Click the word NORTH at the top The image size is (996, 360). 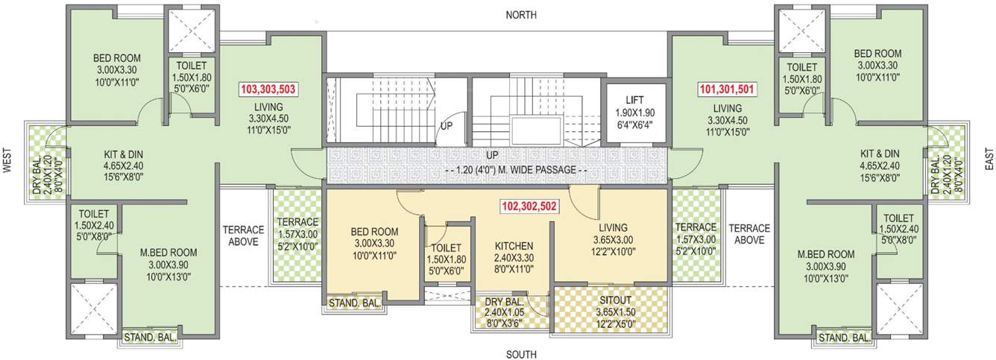click(x=521, y=15)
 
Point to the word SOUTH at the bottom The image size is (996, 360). click(x=521, y=354)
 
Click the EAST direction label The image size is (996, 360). click(x=989, y=158)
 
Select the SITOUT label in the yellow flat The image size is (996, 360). click(x=615, y=300)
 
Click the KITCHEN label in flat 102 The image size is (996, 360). click(x=514, y=246)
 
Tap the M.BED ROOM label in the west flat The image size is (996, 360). click(x=168, y=252)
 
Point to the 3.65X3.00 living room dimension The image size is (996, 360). click(x=611, y=240)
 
